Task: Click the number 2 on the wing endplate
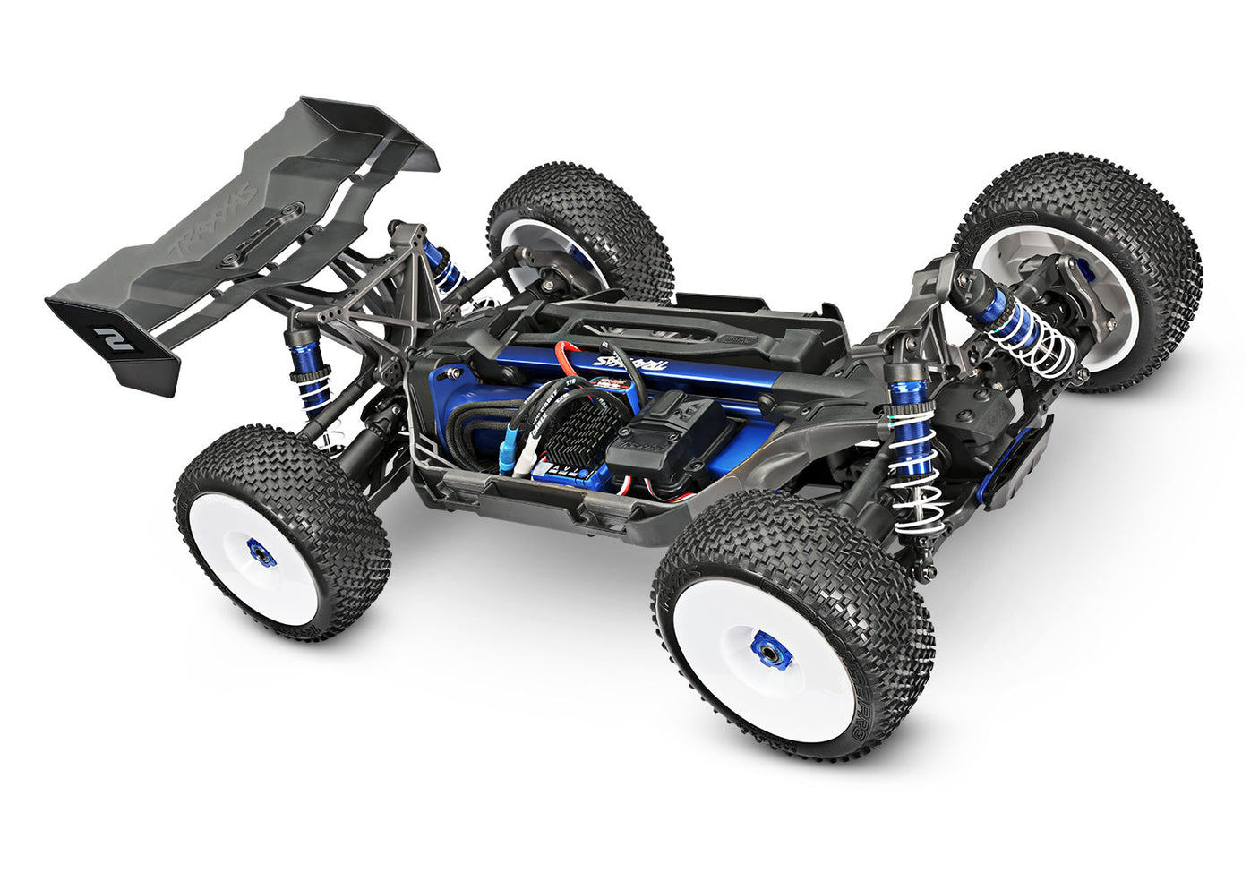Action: tap(113, 338)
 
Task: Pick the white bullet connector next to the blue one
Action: tap(528, 461)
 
